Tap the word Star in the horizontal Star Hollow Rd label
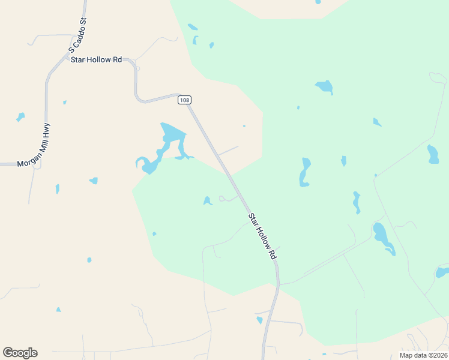79,60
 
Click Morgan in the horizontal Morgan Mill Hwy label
29,163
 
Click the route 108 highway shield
185,100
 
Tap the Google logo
20,353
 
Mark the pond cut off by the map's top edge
318,2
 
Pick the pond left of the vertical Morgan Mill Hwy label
20,116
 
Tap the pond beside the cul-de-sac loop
207,201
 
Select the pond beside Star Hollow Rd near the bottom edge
259,320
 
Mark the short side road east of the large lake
228,151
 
